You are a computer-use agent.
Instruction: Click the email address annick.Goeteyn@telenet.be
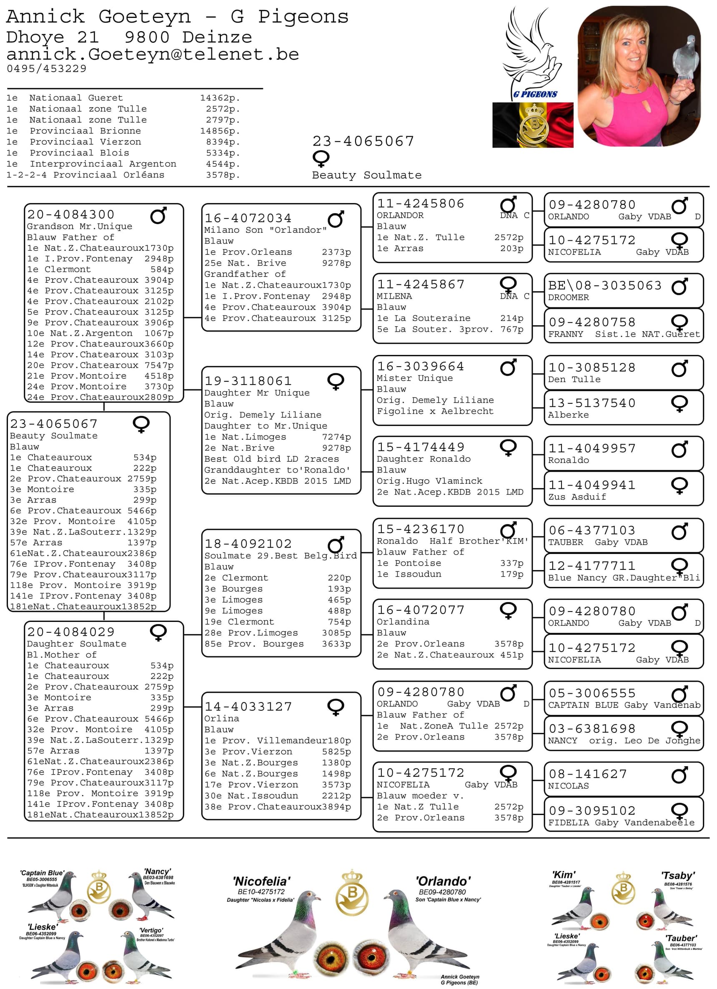(153, 55)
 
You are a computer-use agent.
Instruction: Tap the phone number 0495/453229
(47, 68)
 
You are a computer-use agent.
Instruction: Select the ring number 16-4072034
(248, 218)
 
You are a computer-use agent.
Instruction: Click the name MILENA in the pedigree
(394, 296)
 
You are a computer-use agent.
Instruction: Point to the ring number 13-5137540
(592, 403)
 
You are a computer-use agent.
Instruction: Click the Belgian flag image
(533, 125)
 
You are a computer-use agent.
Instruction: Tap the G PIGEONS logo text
(535, 94)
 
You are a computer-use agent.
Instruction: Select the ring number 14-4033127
(248, 707)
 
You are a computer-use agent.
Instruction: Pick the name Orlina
(221, 718)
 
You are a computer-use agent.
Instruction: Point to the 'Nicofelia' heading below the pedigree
(261, 881)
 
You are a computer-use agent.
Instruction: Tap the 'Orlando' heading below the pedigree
(443, 881)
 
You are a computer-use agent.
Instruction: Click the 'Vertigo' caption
(151, 930)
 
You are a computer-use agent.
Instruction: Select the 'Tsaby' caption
(678, 875)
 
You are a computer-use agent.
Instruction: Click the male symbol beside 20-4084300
(158, 215)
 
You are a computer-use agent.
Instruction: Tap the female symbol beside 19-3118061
(336, 382)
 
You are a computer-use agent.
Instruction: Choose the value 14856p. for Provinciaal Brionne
(220, 131)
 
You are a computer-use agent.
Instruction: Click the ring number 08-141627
(587, 774)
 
